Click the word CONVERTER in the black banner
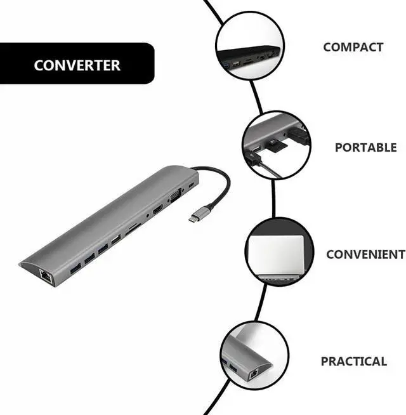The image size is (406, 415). pos(77,65)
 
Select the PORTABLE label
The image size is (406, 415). pos(365,147)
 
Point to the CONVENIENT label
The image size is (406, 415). pos(365,254)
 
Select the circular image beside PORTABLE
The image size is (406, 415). pos(275,147)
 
